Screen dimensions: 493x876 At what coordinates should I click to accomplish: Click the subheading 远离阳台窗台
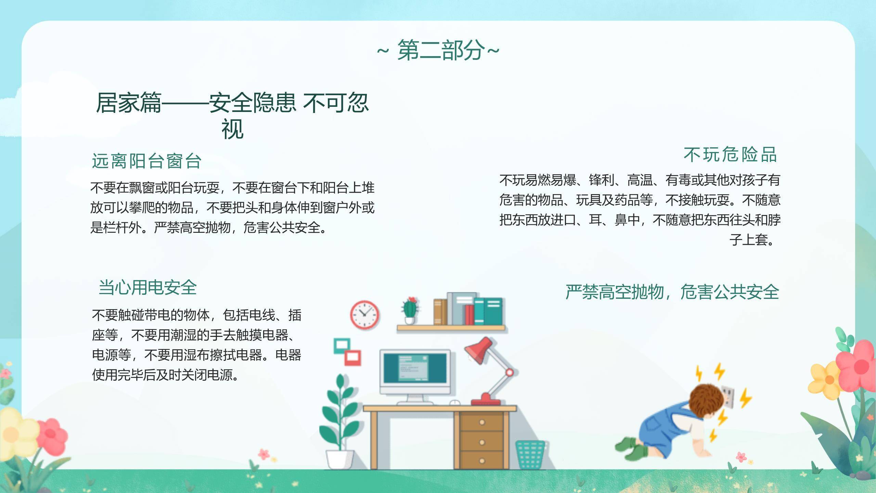146,161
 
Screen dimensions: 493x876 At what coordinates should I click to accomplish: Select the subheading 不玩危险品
730,155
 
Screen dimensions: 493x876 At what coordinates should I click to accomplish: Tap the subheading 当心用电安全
147,288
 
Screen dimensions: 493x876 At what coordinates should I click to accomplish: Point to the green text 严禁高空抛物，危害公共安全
672,292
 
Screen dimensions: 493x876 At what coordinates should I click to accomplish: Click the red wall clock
364,315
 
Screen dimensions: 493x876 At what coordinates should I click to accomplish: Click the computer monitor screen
415,368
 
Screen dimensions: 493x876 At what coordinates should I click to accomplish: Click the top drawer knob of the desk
482,422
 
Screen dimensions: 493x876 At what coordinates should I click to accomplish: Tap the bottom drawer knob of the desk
482,461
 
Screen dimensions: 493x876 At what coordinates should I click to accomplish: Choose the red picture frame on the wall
352,358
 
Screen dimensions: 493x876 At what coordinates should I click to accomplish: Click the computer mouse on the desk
454,403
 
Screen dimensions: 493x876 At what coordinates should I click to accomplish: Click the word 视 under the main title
232,129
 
